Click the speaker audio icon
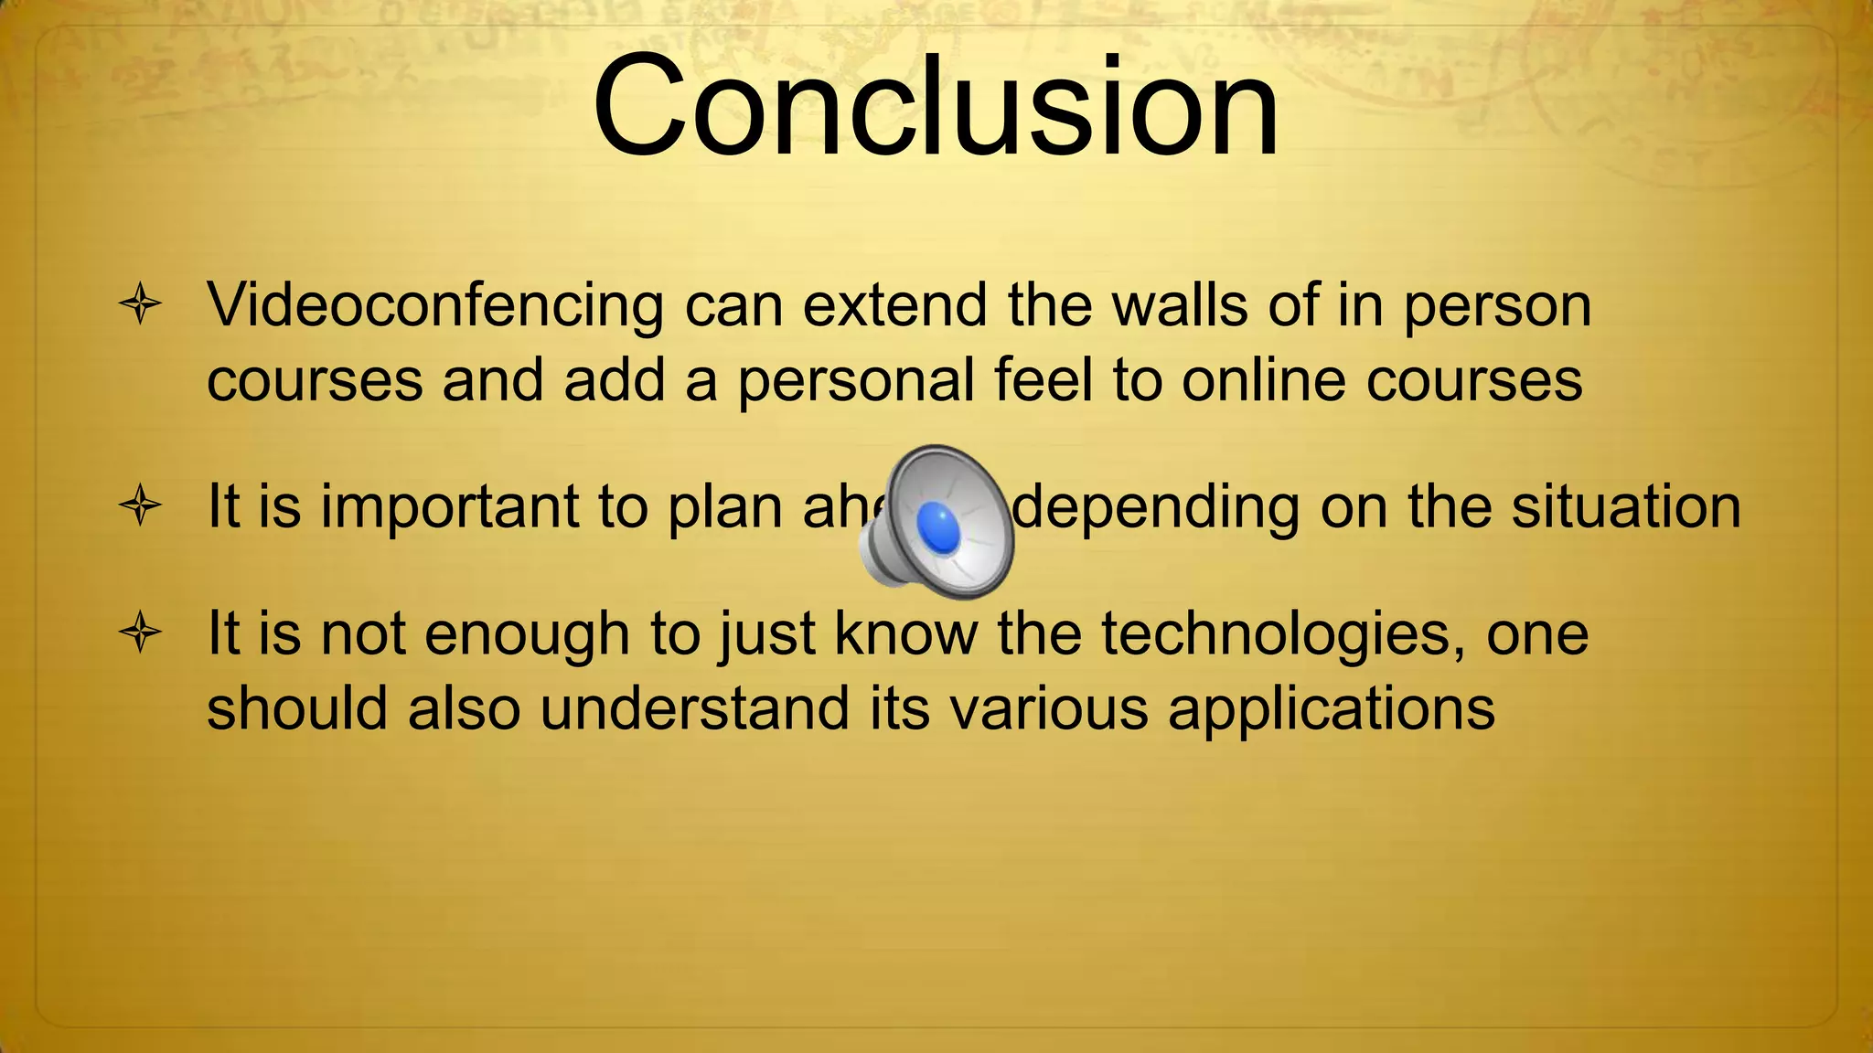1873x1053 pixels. [x=938, y=522]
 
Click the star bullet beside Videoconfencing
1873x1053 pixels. [x=140, y=304]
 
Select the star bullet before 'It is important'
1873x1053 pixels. [x=140, y=505]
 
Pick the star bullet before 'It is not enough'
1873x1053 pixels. [x=140, y=633]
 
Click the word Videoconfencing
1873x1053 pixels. [x=435, y=306]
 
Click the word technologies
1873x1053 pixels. [x=1276, y=635]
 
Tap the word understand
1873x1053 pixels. [x=694, y=709]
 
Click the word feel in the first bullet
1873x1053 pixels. [x=1044, y=379]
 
